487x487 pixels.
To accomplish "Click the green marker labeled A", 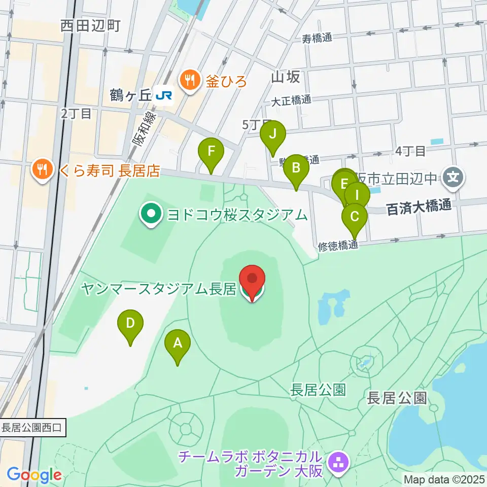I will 178,343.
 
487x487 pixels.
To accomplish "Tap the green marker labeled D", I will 130,323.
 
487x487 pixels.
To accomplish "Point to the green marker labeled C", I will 354,217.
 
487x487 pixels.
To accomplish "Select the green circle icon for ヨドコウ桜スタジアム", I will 151,214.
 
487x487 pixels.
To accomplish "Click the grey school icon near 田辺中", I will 453,178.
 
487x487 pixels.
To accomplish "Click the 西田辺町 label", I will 90,26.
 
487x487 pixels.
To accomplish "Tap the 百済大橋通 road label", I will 419,208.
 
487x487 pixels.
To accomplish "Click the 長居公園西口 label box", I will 31,428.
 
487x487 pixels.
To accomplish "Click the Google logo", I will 34,475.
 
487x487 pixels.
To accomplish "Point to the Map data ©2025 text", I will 444,479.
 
